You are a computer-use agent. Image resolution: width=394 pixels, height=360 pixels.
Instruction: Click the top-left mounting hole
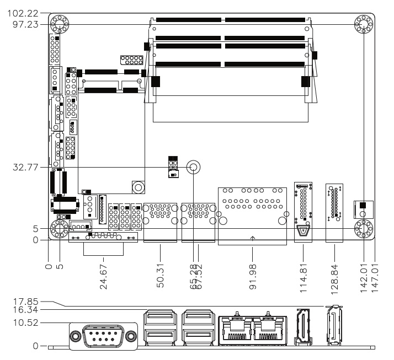point(58,24)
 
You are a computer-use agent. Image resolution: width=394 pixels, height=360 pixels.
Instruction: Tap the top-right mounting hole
point(363,24)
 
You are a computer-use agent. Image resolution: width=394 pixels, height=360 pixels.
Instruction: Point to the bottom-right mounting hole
point(363,228)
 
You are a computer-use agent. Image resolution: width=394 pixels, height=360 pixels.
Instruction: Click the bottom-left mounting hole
point(59,229)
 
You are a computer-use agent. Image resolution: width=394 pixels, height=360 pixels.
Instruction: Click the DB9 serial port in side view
point(103,336)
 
